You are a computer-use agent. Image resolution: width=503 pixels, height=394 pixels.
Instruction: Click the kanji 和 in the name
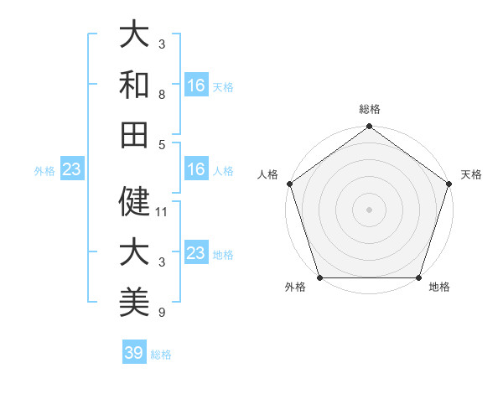135,85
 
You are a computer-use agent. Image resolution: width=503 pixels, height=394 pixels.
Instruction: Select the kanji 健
135,201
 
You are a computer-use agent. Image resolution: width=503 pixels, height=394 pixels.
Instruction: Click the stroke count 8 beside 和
161,95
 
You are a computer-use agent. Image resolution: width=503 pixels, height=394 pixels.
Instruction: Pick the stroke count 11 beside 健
162,211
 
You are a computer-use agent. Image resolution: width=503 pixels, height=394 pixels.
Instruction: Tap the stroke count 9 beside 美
161,313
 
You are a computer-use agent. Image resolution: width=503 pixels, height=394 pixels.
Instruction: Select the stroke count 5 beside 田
161,144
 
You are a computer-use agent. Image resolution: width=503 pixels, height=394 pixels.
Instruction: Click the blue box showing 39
134,353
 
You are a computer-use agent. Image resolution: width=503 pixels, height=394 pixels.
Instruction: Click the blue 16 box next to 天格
196,85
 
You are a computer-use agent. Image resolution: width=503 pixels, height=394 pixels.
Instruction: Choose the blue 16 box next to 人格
196,169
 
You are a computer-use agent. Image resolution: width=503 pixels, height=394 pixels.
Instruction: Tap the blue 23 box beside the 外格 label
72,169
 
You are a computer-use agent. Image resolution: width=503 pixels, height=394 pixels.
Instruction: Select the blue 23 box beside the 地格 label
196,253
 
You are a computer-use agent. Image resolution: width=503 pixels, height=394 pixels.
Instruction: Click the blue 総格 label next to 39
161,354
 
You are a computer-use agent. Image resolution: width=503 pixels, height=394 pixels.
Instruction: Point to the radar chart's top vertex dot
369,127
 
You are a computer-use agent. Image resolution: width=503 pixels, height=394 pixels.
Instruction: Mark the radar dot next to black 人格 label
289,184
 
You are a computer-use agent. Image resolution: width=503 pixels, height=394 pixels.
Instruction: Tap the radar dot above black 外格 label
319,277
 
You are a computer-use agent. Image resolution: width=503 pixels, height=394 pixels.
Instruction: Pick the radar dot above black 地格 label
418,277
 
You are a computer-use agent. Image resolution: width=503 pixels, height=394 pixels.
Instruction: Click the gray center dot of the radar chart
369,210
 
